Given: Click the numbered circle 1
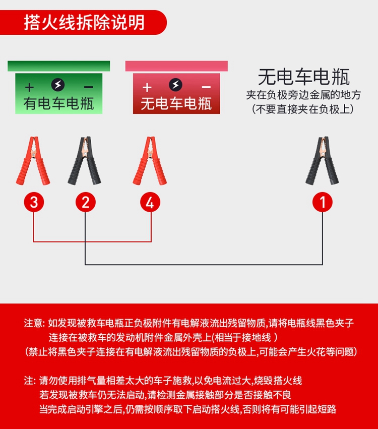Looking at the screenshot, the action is pos(323,202).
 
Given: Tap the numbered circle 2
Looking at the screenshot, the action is pos(86,202).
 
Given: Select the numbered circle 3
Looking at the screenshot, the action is pos(34,202).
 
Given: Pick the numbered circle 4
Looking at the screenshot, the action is pos(150,202).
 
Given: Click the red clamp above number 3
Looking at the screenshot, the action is pos(33,161).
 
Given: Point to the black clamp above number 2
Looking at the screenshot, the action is pos(85,161).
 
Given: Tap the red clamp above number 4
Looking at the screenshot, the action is pos(150,161).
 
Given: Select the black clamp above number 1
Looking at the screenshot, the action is pos(322,161).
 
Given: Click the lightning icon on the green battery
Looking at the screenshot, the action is pos(58,85).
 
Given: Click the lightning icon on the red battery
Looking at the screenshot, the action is pos(175,85).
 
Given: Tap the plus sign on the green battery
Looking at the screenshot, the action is pos(29,88).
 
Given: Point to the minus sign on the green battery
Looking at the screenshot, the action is pos(88,88).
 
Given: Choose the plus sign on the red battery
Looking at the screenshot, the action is pos(147,88).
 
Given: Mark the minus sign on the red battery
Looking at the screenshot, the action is pos(206,88).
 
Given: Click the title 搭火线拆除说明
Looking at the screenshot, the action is pos(85,23).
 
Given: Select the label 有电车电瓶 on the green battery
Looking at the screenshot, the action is pos(59,104).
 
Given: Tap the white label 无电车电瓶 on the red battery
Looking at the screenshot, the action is pos(176,104).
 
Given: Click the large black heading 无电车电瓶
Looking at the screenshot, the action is pos(304,77).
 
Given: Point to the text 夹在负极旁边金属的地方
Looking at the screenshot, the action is pos(303,95).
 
